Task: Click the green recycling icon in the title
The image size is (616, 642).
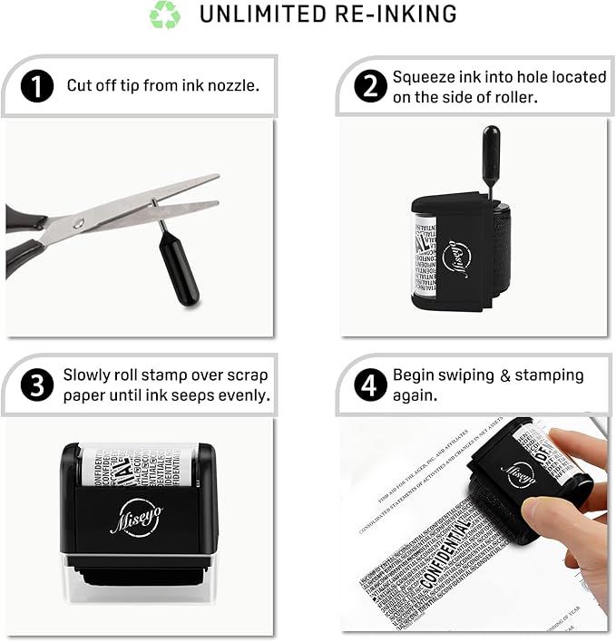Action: pyautogui.click(x=165, y=15)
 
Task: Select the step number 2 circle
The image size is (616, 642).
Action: pyautogui.click(x=368, y=86)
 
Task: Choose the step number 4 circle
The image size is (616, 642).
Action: pyautogui.click(x=368, y=384)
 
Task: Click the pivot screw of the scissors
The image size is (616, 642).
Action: pyautogui.click(x=79, y=223)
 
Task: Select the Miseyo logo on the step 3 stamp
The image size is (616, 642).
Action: pyautogui.click(x=136, y=517)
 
